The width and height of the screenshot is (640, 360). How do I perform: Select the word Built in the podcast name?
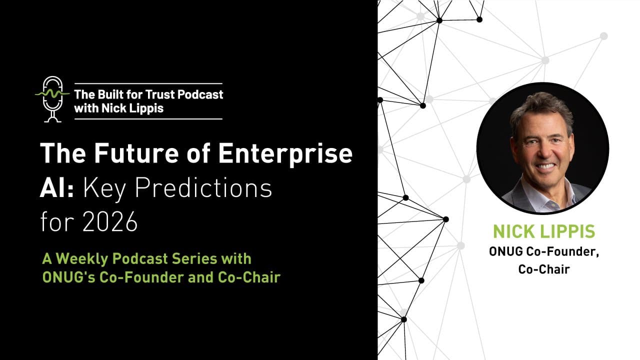pos(108,94)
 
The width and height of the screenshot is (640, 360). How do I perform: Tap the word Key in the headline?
pos(104,188)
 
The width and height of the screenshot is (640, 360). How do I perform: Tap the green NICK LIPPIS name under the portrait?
pos(544,231)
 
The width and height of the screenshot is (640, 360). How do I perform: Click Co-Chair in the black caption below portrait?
pos(544,269)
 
